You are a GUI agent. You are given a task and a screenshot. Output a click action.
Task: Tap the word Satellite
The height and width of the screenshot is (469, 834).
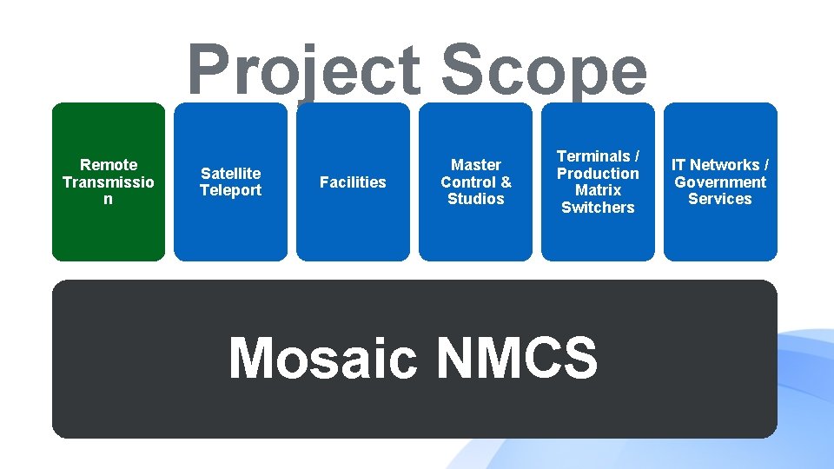click(x=230, y=174)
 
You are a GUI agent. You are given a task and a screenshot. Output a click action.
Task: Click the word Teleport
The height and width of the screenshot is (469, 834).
click(x=230, y=190)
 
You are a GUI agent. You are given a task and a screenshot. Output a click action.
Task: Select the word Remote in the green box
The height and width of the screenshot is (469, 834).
click(x=109, y=165)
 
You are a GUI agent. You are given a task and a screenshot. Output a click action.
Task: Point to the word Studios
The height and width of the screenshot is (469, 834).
click(x=476, y=199)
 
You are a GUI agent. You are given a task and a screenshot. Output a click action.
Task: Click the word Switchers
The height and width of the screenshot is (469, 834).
click(x=598, y=208)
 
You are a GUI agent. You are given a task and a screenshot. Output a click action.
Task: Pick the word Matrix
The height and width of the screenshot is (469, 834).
click(x=598, y=190)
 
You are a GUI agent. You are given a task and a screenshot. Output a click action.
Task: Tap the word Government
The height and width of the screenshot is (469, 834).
click(x=720, y=182)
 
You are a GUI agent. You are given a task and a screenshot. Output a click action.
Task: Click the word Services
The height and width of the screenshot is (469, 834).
click(x=720, y=199)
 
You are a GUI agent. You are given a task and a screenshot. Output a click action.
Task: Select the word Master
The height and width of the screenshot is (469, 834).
click(x=476, y=165)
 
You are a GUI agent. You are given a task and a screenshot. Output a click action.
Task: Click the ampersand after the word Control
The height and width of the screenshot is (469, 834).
click(x=506, y=182)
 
